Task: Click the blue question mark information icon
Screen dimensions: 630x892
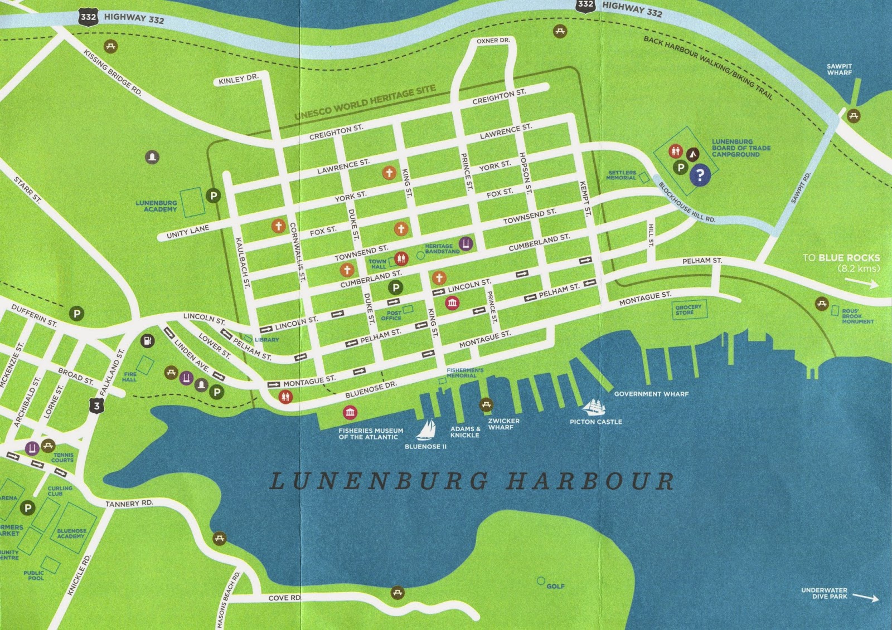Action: pyautogui.click(x=700, y=175)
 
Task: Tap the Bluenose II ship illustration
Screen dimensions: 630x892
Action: pyautogui.click(x=427, y=429)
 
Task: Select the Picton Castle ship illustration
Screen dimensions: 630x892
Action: pyautogui.click(x=595, y=407)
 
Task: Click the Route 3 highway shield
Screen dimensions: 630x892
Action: pyautogui.click(x=97, y=406)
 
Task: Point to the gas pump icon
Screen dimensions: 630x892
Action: pyautogui.click(x=147, y=340)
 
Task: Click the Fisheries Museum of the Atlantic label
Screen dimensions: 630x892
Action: pyautogui.click(x=370, y=434)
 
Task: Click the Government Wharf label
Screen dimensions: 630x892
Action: pyautogui.click(x=651, y=394)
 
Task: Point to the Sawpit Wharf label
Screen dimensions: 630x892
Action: pyautogui.click(x=839, y=70)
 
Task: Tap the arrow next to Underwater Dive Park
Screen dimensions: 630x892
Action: pyautogui.click(x=866, y=598)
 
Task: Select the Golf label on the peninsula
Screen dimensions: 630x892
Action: pyautogui.click(x=555, y=586)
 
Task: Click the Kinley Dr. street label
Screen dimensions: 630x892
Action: pyautogui.click(x=238, y=80)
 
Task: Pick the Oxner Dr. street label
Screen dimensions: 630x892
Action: pyautogui.click(x=493, y=41)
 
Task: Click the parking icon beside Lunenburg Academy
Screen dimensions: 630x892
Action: pyautogui.click(x=213, y=195)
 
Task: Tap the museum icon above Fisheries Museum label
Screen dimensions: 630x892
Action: pyautogui.click(x=350, y=412)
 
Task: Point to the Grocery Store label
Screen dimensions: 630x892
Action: pyautogui.click(x=688, y=310)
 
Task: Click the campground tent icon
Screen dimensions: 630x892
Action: pyautogui.click(x=692, y=153)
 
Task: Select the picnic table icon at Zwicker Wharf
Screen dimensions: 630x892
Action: pyautogui.click(x=486, y=405)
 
